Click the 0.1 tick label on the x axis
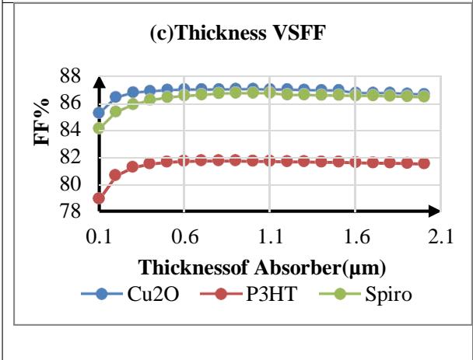(x=99, y=238)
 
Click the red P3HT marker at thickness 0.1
(x=99, y=198)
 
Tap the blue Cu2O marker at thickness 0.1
(x=99, y=113)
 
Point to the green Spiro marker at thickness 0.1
(x=99, y=128)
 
